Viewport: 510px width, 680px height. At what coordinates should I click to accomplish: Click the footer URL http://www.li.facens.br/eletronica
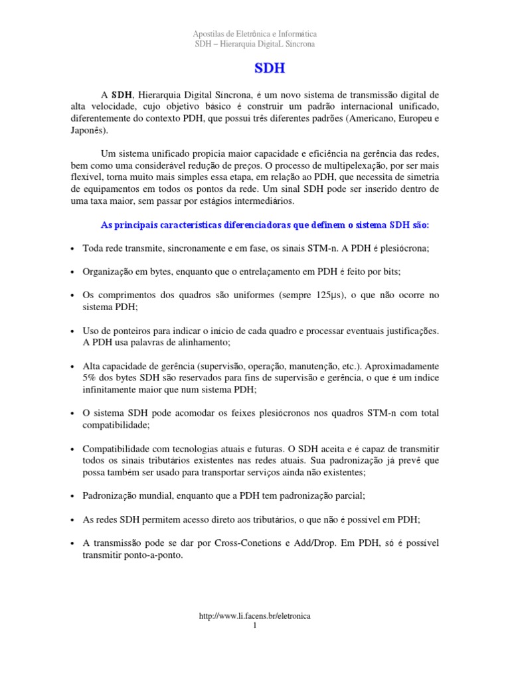tap(255, 616)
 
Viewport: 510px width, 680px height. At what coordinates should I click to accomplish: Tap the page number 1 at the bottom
tap(255, 626)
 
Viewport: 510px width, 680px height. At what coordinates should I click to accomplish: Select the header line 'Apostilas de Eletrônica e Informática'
tap(255, 33)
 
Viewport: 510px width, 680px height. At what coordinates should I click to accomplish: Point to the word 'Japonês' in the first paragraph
tap(88, 131)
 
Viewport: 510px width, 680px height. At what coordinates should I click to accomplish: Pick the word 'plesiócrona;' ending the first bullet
tap(405, 248)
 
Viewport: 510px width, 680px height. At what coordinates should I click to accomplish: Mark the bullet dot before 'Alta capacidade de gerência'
tap(72, 367)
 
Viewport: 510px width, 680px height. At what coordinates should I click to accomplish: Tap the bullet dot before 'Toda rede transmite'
tap(72, 248)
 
